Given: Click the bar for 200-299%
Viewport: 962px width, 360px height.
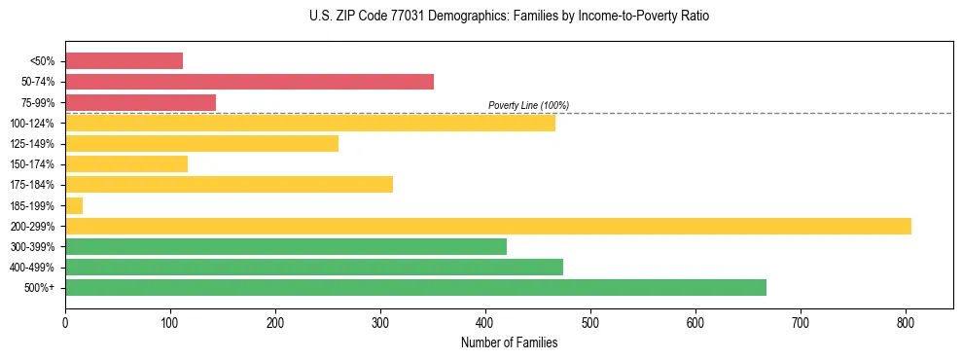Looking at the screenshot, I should (x=487, y=226).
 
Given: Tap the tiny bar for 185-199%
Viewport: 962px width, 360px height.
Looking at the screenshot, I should (x=74, y=205).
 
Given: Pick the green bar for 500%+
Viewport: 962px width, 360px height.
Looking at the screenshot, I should (x=415, y=287).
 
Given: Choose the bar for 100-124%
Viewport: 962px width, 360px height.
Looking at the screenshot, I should (x=309, y=123).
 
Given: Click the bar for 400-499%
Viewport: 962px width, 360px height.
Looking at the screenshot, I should (x=313, y=267).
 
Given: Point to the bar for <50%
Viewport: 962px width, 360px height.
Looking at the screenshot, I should (x=124, y=61).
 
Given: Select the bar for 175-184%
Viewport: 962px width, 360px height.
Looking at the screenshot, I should (x=229, y=185).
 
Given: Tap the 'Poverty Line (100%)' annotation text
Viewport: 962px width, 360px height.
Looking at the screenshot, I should (x=528, y=105).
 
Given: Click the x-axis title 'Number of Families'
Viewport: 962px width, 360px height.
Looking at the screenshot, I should (x=509, y=342).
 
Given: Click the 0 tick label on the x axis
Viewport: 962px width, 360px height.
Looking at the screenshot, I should (x=65, y=322).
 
